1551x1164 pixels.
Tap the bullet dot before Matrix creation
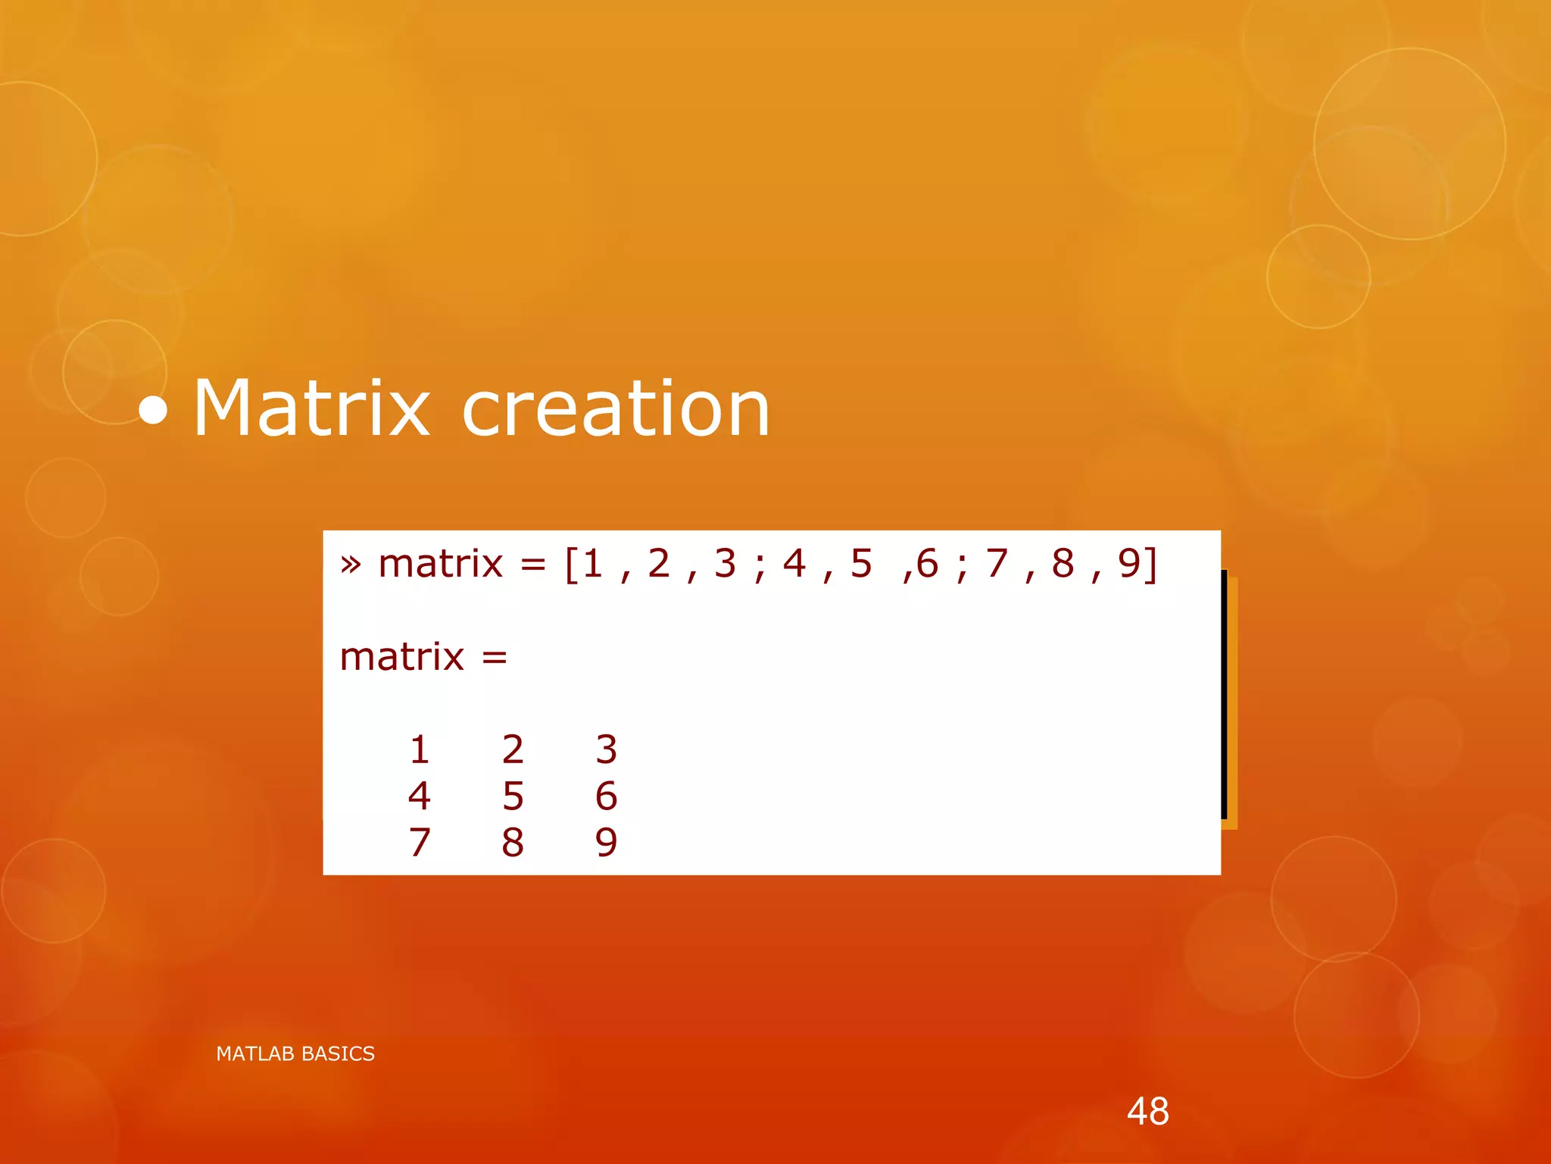(153, 411)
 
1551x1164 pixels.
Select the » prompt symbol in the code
(350, 565)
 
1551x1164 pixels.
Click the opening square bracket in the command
(572, 565)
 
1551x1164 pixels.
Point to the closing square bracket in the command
(1151, 565)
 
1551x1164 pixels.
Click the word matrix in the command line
(440, 565)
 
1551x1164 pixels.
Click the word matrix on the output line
(401, 657)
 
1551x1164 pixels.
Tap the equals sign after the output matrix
(495, 658)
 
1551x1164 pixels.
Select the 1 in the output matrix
(420, 749)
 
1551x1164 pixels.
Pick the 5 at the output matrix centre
(513, 796)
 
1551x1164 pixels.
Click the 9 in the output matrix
(606, 843)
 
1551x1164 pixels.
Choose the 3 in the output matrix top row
(606, 749)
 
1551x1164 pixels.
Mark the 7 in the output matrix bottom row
(420, 843)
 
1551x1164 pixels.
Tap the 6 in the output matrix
(606, 796)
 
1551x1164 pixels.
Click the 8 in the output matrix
(513, 843)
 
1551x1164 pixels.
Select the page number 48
(1147, 1112)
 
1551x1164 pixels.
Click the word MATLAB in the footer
(255, 1054)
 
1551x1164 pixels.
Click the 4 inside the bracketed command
(794, 564)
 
